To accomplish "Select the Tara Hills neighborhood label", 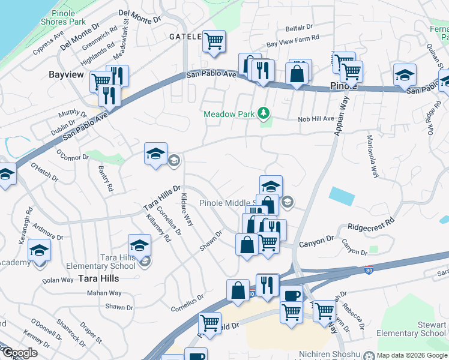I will [x=98, y=278].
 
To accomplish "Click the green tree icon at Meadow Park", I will [x=262, y=113].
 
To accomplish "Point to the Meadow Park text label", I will [x=229, y=113].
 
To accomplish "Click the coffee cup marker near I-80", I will [x=292, y=296].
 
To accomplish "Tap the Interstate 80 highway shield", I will [x=369, y=271].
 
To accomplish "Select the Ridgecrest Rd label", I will [x=371, y=225].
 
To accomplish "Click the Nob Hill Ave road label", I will [x=316, y=119].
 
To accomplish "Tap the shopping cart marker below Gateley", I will [x=214, y=41].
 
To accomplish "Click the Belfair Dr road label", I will [x=300, y=28].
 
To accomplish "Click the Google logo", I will [x=19, y=353].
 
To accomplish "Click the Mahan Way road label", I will [x=104, y=293].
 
